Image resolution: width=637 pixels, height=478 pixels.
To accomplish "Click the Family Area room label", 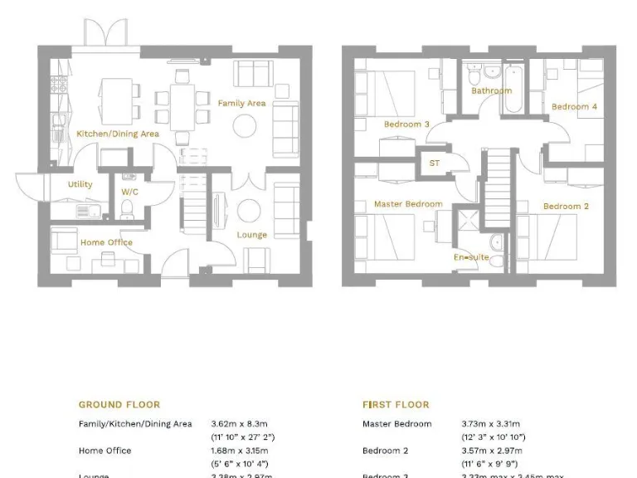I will [x=241, y=103].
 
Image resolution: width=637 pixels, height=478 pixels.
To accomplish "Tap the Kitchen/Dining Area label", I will [x=117, y=134].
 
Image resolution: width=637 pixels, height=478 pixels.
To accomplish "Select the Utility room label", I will [x=80, y=184].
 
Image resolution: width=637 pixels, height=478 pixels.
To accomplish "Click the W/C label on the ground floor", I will [x=129, y=192].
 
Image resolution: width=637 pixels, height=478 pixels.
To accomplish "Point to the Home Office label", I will [x=106, y=242].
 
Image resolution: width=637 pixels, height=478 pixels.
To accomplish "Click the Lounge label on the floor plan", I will [x=251, y=235].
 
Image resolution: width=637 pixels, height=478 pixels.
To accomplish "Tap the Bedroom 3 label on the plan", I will [x=406, y=124].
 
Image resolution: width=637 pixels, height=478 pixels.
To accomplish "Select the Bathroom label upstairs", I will [x=491, y=91].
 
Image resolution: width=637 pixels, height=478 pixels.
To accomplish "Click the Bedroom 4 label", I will [x=574, y=107].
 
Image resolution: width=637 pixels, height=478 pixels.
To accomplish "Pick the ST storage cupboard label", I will [x=435, y=163].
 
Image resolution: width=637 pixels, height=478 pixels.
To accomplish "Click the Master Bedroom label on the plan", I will [x=408, y=204].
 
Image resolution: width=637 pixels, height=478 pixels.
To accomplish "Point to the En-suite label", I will [x=470, y=257].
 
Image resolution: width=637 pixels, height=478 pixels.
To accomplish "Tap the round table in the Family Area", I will [x=245, y=125].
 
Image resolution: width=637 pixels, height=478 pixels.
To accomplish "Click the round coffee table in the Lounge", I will [x=249, y=207].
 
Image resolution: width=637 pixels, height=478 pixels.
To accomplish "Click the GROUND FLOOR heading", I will [x=119, y=405].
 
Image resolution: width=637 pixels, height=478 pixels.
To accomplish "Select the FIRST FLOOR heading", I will [x=396, y=405].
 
